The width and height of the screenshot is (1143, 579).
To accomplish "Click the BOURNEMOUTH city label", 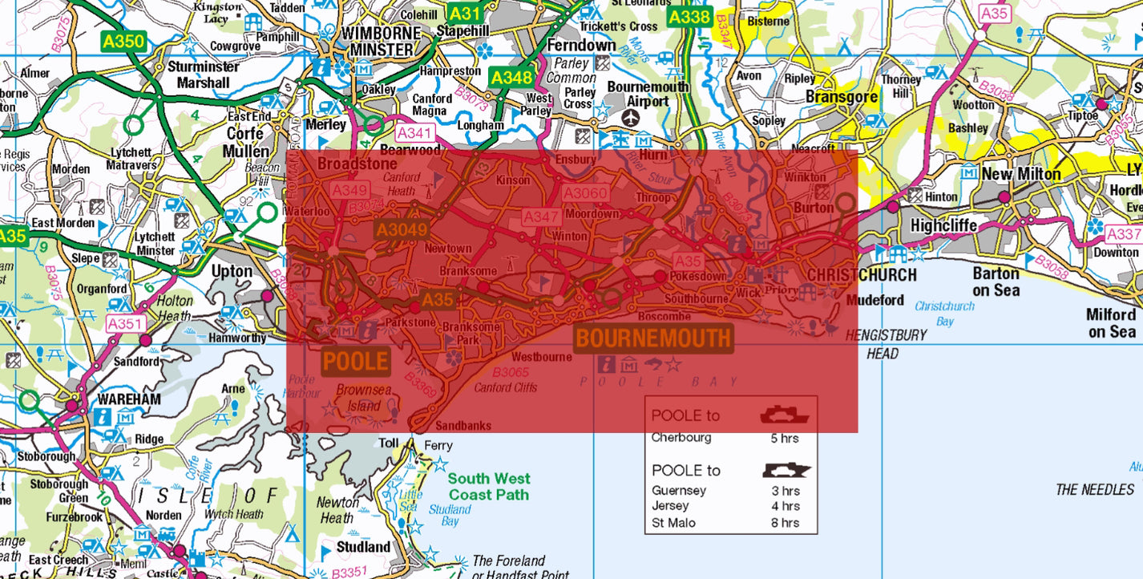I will click(x=653, y=338).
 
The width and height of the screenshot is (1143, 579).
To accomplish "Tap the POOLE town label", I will click(x=355, y=362).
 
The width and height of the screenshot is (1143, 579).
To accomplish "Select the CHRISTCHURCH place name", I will click(x=862, y=275).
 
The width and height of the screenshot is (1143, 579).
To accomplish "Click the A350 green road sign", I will click(x=123, y=41).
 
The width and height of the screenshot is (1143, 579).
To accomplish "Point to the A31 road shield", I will click(x=464, y=14).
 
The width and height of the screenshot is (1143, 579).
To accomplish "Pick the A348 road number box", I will click(x=511, y=77).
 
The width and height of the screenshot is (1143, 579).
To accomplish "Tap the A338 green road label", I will click(x=689, y=17).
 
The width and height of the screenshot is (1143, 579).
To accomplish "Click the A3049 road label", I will click(x=401, y=230).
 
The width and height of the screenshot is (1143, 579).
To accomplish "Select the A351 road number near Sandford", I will click(x=125, y=323).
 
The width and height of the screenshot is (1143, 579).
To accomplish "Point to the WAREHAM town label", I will click(x=129, y=399).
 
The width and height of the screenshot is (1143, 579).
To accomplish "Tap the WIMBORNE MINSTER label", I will click(x=381, y=42).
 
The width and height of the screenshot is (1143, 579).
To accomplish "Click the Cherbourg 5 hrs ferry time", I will click(x=785, y=438).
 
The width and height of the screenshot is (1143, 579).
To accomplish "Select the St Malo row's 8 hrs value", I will click(x=785, y=523).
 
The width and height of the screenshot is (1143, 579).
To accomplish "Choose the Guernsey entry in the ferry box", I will click(x=679, y=490).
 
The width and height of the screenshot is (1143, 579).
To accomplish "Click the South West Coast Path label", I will click(x=489, y=487).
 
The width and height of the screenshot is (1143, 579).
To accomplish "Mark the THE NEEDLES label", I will click(x=1095, y=489).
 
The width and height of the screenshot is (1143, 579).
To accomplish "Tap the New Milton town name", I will click(x=1021, y=174).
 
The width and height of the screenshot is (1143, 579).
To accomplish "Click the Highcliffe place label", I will click(x=944, y=225).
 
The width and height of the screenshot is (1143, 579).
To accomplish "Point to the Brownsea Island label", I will click(x=363, y=398).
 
